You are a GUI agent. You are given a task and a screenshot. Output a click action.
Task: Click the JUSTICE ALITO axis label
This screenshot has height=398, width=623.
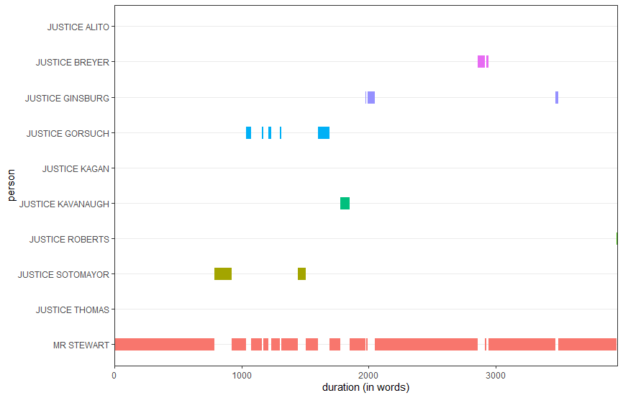coord(78,27)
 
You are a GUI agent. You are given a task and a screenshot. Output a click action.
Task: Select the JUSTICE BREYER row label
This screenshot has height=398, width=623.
coord(73,63)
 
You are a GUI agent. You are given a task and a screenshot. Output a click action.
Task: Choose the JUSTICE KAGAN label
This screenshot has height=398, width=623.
coord(76,168)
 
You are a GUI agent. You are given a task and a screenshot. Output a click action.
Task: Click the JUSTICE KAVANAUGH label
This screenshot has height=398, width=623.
coord(64,204)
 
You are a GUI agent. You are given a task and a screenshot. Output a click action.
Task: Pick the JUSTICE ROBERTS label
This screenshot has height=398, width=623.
coord(69,240)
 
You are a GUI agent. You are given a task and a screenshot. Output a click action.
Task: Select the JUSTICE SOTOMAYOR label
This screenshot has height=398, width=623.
coord(63,275)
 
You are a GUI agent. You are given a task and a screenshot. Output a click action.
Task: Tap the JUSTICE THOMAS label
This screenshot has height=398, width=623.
coord(73,310)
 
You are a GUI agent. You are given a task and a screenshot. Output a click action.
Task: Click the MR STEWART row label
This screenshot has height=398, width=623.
coord(81,345)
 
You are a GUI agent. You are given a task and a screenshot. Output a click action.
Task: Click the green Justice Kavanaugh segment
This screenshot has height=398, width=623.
coord(345,204)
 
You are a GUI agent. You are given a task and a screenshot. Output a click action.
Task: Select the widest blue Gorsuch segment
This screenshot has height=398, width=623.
coord(324,132)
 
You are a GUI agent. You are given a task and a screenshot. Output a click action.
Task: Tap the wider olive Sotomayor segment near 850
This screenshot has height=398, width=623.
coord(223,274)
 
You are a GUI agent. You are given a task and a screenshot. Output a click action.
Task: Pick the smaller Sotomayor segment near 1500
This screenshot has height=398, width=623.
coord(301,274)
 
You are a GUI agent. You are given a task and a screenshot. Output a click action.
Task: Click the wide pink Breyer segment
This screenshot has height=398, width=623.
coord(481,62)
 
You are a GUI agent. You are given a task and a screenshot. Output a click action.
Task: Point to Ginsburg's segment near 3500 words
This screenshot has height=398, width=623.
coord(557,98)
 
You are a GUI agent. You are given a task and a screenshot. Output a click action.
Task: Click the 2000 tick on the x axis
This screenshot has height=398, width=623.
coord(368,375)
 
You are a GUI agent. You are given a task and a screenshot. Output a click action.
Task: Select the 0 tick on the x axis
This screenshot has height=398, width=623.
coord(114,375)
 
